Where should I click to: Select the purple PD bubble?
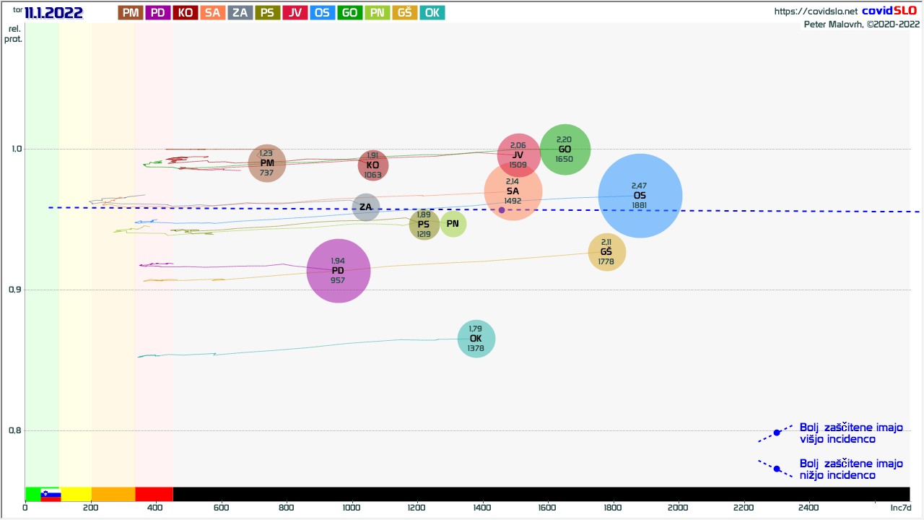click(x=339, y=271)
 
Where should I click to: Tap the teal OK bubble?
click(x=476, y=339)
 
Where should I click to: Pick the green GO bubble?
click(x=565, y=149)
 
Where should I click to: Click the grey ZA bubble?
click(x=366, y=207)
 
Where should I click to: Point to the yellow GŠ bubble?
click(x=607, y=252)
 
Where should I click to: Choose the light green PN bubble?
click(x=453, y=224)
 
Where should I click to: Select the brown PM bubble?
click(x=267, y=163)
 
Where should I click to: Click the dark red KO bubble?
click(x=373, y=165)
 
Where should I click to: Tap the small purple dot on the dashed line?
click(x=502, y=210)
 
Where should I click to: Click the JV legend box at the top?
click(x=295, y=12)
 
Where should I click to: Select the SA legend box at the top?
click(x=212, y=12)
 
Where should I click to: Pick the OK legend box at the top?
click(x=432, y=12)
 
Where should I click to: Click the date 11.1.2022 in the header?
click(x=54, y=12)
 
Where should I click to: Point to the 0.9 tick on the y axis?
click(x=14, y=290)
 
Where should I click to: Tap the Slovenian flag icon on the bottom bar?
click(x=51, y=495)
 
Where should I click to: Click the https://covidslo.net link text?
click(x=816, y=12)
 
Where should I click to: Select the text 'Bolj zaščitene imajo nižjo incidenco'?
click(x=851, y=469)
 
